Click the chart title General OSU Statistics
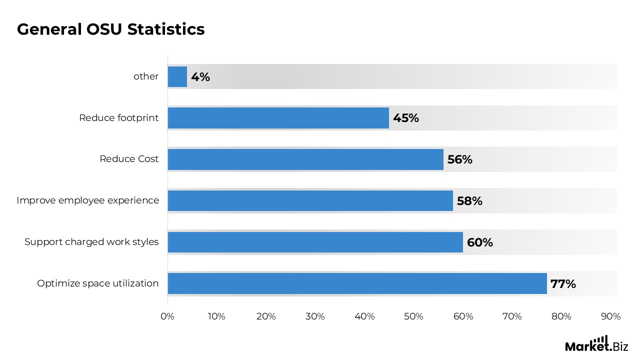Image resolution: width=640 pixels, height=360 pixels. pyautogui.click(x=110, y=29)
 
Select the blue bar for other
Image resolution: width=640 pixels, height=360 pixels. pyautogui.click(x=177, y=76)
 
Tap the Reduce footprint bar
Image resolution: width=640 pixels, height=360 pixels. pyautogui.click(x=278, y=118)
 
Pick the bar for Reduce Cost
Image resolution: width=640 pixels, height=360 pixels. pyautogui.click(x=305, y=159)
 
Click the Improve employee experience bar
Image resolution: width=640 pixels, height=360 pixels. pyautogui.click(x=310, y=200)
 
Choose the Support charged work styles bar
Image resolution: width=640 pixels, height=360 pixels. pyautogui.click(x=315, y=242)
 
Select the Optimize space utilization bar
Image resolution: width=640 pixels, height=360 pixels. pyautogui.click(x=357, y=283)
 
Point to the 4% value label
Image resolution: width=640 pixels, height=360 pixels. pyautogui.click(x=200, y=77)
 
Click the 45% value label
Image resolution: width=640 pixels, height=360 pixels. pyautogui.click(x=406, y=118)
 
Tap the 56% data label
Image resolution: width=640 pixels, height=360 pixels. pyautogui.click(x=460, y=160)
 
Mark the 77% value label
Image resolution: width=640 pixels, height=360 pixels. pyautogui.click(x=563, y=284)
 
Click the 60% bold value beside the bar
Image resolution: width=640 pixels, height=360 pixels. pyautogui.click(x=480, y=242)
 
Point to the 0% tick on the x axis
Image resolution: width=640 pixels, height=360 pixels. pyautogui.click(x=167, y=316)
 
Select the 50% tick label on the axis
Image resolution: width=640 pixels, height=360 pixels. pyautogui.click(x=414, y=316)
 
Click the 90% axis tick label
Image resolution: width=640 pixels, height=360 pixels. pyautogui.click(x=611, y=316)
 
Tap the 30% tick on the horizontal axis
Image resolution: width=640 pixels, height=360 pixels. pyautogui.click(x=315, y=316)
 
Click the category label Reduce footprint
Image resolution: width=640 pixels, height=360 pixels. pyautogui.click(x=118, y=118)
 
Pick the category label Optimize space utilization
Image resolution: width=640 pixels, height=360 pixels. pyautogui.click(x=97, y=283)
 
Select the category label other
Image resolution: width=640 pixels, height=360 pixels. pyautogui.click(x=146, y=76)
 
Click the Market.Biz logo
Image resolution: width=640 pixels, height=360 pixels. pyautogui.click(x=596, y=344)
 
